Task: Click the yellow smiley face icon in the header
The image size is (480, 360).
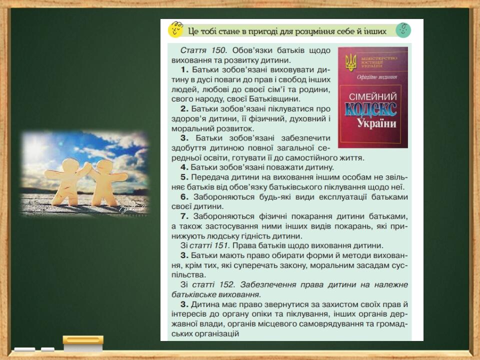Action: (x=175, y=29)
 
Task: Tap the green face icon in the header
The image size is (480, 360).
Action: (x=403, y=30)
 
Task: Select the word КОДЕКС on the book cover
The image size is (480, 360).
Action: (x=370, y=109)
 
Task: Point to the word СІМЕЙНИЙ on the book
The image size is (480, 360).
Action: (x=372, y=96)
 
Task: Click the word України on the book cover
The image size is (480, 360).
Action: (x=376, y=123)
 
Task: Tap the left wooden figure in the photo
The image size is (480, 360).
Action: (x=67, y=181)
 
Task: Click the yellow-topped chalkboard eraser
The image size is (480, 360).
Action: (x=83, y=343)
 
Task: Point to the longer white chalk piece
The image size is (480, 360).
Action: (x=25, y=349)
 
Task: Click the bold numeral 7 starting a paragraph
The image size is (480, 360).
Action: (x=184, y=216)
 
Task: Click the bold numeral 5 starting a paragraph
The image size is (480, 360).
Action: (x=184, y=177)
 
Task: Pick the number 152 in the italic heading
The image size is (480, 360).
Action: (x=227, y=284)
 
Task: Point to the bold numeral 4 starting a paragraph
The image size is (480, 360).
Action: (x=184, y=167)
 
